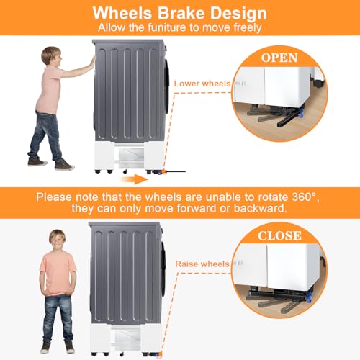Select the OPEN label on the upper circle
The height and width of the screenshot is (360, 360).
pyautogui.click(x=279, y=58)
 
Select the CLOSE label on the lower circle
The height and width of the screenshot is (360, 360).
pyautogui.click(x=279, y=235)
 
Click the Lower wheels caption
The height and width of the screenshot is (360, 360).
pyautogui.click(x=202, y=84)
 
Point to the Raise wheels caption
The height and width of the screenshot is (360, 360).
pyautogui.click(x=202, y=264)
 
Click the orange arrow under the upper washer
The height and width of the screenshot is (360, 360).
pyautogui.click(x=135, y=179)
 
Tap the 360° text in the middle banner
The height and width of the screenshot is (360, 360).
pyautogui.click(x=304, y=197)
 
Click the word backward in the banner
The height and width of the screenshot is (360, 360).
pyautogui.click(x=260, y=208)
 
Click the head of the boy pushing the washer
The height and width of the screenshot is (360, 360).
pyautogui.click(x=51, y=56)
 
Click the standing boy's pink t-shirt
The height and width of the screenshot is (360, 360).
pyautogui.click(x=58, y=274)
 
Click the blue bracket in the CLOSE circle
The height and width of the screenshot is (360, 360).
pyautogui.click(x=309, y=297)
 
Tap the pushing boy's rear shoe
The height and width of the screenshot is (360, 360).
pyautogui.click(x=37, y=161)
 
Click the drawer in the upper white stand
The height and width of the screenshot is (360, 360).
pyautogui.click(x=129, y=156)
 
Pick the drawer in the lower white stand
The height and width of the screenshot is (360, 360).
pyautogui.click(x=125, y=339)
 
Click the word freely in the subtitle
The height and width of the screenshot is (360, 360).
pyautogui.click(x=248, y=28)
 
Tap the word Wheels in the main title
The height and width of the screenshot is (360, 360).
pyautogui.click(x=122, y=12)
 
